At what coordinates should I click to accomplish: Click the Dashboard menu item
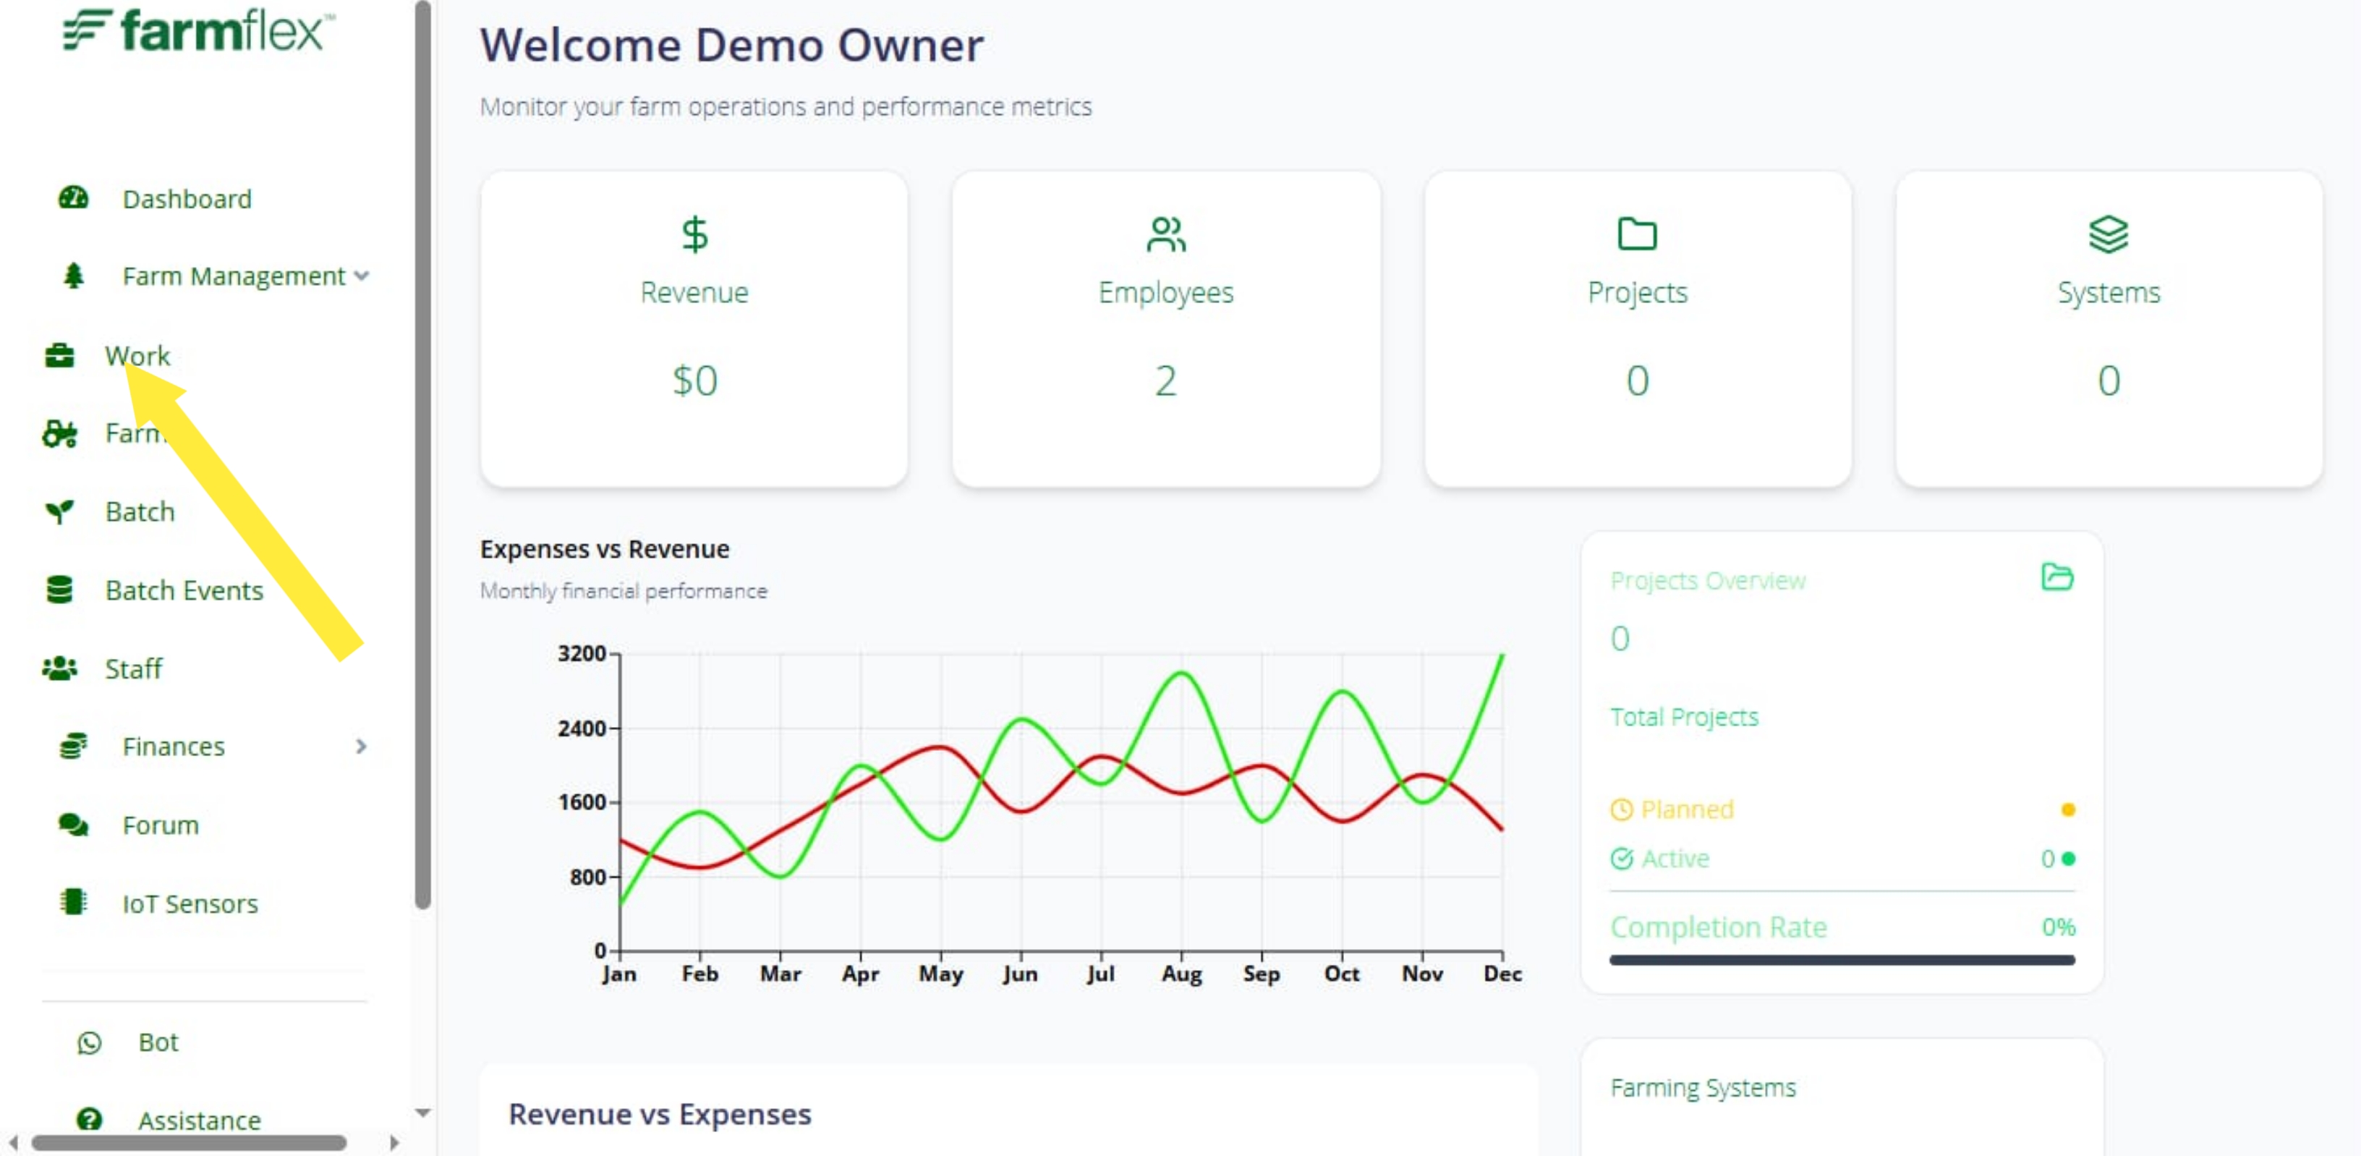point(187,199)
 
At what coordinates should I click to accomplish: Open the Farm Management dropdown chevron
point(362,276)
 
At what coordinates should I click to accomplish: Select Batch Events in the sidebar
point(184,590)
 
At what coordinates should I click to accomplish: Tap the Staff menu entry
point(134,668)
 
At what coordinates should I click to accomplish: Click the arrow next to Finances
point(361,747)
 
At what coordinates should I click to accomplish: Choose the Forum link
point(161,825)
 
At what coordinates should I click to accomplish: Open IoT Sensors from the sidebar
point(191,904)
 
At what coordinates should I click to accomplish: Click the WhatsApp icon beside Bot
point(90,1042)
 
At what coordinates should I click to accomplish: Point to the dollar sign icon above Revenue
point(694,234)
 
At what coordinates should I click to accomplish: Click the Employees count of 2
point(1165,381)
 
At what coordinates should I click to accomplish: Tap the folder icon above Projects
point(1637,234)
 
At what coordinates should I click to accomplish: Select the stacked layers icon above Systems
point(2108,234)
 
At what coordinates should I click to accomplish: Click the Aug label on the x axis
point(1181,974)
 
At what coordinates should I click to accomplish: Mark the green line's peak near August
point(1181,673)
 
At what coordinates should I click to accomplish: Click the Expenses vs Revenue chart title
point(605,549)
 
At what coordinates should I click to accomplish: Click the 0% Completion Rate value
point(2058,927)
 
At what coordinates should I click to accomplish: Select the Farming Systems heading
point(1703,1088)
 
